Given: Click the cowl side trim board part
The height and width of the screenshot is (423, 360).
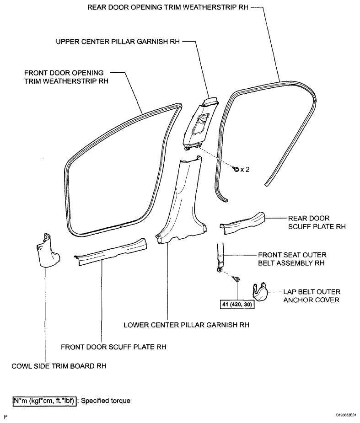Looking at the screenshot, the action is [x=48, y=251].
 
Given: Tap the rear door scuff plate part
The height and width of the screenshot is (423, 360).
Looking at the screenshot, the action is [x=242, y=224].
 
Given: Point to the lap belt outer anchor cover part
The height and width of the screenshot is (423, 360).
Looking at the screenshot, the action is [x=260, y=292].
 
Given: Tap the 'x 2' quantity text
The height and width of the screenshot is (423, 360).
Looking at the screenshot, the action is [x=245, y=169].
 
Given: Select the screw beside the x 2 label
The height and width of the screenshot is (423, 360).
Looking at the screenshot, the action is [x=236, y=169].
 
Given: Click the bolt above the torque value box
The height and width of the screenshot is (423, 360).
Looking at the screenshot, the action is [x=237, y=279].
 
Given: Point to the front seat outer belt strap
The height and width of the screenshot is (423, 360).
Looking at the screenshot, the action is [x=220, y=257].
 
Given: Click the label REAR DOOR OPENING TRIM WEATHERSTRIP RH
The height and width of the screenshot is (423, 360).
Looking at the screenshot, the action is [x=167, y=7].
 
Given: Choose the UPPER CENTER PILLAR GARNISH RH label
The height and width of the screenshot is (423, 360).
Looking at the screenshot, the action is [x=118, y=42].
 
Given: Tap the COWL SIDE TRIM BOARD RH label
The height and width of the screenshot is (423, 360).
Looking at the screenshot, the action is [x=59, y=366].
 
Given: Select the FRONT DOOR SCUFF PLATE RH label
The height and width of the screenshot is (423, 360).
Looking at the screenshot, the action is [x=113, y=347].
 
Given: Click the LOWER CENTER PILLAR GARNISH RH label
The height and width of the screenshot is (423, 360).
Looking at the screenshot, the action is [x=187, y=325].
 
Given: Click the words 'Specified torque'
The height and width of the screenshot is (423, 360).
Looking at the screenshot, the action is [x=106, y=401].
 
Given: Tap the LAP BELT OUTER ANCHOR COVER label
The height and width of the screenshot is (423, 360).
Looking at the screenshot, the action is [x=312, y=296].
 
